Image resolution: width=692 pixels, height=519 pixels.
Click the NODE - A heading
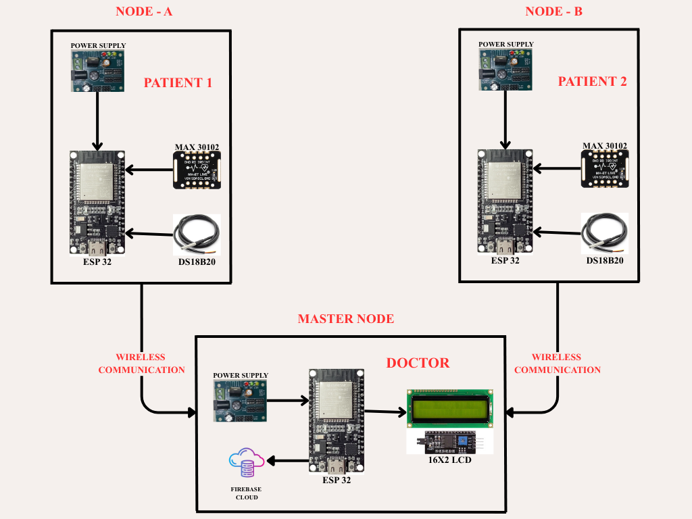click(144, 11)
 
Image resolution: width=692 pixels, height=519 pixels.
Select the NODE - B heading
click(553, 11)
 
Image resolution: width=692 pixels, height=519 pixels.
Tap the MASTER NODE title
click(345, 318)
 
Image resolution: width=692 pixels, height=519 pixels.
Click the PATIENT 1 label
click(178, 83)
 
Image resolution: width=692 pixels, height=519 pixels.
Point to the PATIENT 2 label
click(592, 81)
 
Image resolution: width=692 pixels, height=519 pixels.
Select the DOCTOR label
click(418, 363)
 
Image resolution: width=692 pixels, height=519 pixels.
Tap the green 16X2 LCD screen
click(449, 407)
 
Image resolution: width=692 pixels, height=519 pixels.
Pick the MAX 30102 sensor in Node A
click(197, 170)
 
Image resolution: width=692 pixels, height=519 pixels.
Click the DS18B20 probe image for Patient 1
click(197, 233)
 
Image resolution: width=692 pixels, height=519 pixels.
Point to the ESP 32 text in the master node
click(336, 480)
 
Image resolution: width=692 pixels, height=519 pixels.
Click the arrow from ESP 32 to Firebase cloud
click(287, 462)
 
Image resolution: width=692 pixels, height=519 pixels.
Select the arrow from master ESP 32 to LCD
click(385, 411)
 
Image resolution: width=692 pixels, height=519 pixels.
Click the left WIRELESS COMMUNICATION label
click(141, 364)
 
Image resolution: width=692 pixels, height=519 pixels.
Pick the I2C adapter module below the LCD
click(449, 443)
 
